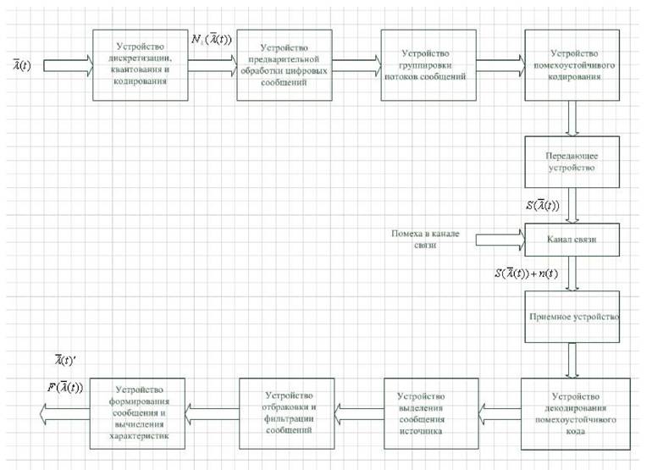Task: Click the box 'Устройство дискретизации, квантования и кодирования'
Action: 140,65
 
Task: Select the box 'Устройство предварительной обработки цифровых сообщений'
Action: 285,65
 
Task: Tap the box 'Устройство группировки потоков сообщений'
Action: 428,65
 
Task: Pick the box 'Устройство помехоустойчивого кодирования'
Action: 572,65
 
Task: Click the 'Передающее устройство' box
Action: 572,162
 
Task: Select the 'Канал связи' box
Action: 572,240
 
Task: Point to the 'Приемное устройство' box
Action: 572,317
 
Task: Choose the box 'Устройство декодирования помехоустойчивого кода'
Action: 576,414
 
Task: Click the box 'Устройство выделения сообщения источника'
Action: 431,413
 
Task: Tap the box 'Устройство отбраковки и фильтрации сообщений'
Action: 287,413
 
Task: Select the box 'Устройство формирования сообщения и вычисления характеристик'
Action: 138,413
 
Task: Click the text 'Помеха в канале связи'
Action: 425,239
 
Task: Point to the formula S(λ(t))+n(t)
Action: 526,274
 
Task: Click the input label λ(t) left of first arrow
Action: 22,65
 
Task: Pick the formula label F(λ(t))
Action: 65,388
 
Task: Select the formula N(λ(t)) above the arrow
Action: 211,40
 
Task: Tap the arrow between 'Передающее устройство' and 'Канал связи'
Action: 572,206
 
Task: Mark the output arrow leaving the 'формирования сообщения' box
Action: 65,414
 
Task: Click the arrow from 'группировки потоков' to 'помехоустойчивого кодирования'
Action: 500,66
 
